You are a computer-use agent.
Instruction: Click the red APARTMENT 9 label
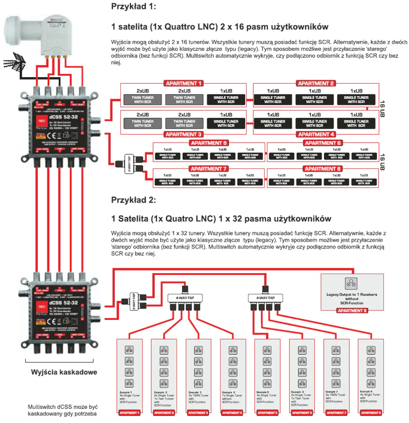coord(352,311)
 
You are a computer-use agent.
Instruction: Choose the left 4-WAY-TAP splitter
coord(184,298)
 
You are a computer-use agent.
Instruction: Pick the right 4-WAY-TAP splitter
coord(265,298)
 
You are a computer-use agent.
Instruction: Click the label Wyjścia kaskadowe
coord(64,372)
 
